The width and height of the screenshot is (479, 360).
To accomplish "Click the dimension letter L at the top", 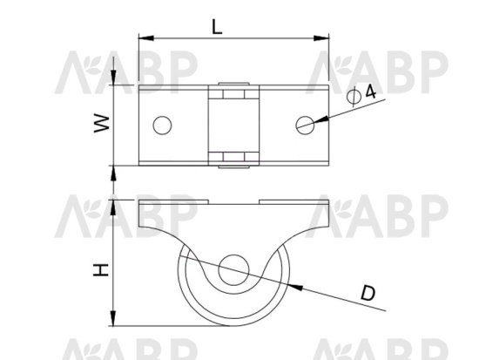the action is coord(217,26).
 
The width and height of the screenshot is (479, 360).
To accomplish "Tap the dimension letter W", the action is coord(102,124).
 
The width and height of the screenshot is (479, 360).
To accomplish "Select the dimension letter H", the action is coord(101,269).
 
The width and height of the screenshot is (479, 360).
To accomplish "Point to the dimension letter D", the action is coord(368,293).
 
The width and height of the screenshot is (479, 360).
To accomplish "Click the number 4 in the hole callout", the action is coord(370,92).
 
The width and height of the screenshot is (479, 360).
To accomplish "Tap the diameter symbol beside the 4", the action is coord(354,97).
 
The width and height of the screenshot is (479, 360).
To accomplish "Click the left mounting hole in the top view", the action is coord(162,126).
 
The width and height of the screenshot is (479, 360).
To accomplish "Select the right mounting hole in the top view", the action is coord(305,126).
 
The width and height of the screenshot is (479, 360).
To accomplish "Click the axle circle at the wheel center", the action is coord(233,270).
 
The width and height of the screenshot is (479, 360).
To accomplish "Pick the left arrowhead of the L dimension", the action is coord(146,38).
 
